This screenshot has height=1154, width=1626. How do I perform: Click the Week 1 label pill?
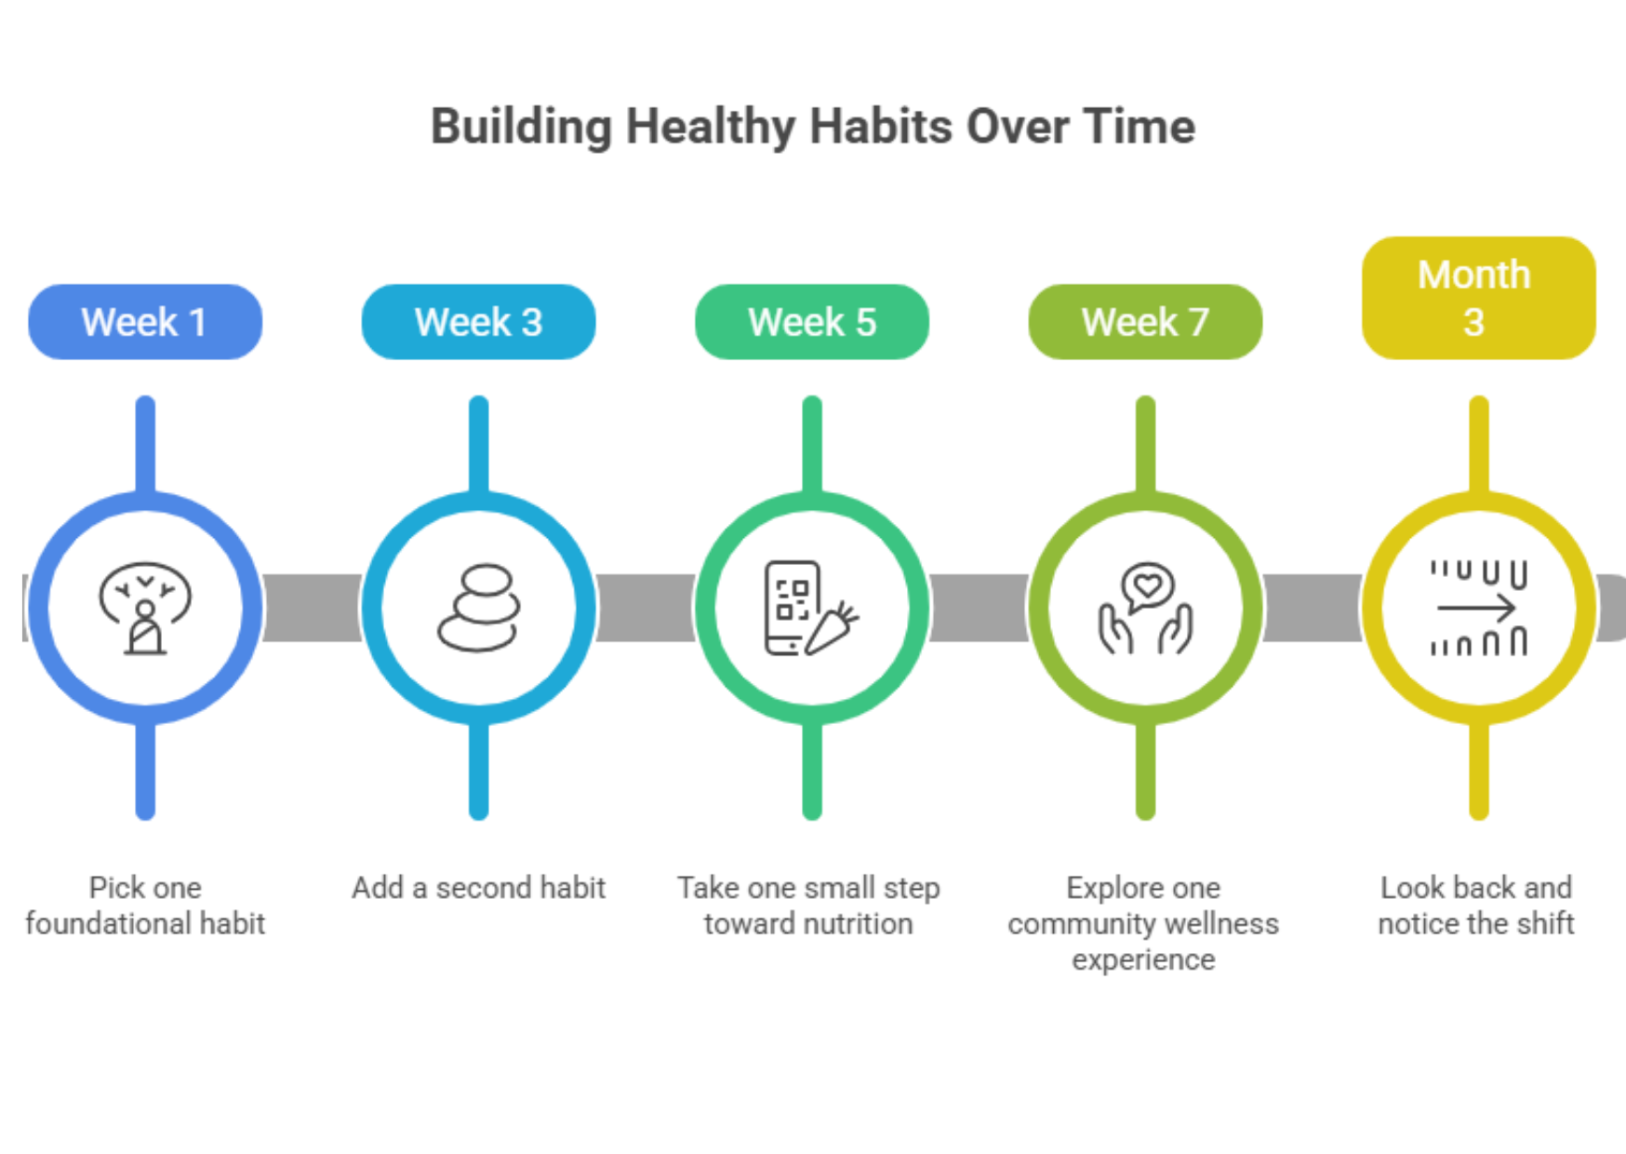(145, 322)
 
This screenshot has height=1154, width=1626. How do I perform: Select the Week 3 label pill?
(478, 322)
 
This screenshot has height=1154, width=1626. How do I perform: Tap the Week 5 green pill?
(812, 322)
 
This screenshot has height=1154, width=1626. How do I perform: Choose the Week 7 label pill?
(1145, 322)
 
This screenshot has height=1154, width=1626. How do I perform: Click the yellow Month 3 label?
(1479, 298)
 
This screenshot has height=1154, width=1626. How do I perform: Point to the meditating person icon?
(145, 608)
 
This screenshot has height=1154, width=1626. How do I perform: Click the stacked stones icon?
(478, 607)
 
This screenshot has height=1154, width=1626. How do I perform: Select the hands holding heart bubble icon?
(1145, 608)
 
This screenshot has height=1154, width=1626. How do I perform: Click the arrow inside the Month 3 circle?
(1477, 609)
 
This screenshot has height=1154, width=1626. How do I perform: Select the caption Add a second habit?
(478, 888)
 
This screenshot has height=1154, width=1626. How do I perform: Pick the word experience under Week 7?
(1143, 960)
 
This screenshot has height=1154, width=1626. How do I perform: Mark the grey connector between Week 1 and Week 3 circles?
(313, 608)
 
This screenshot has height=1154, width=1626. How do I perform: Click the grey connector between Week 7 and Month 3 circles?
(1313, 608)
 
